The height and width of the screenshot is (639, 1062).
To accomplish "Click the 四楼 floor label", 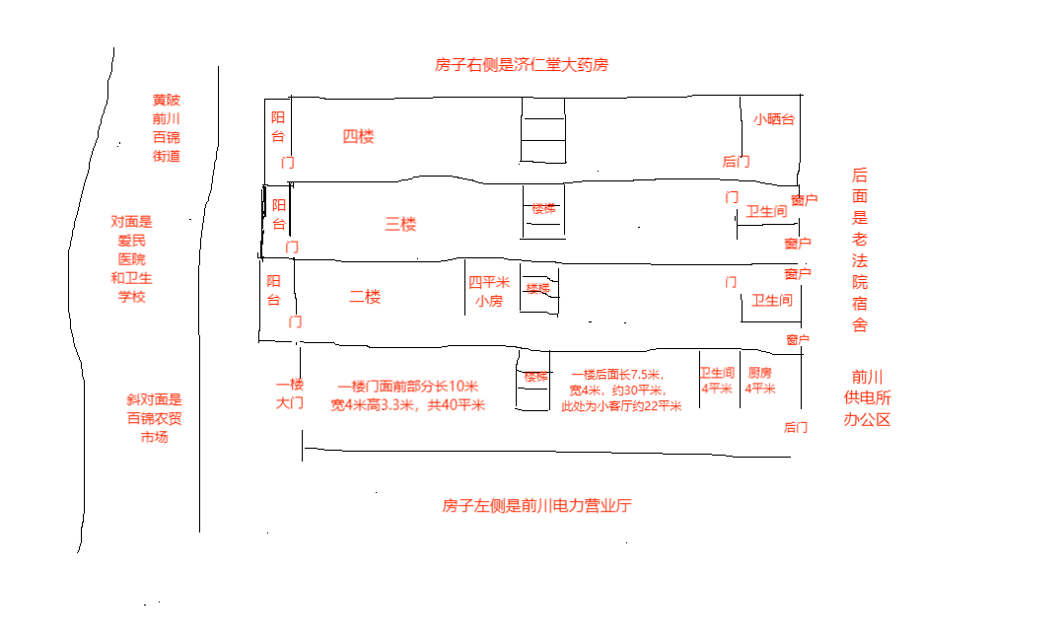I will [358, 137].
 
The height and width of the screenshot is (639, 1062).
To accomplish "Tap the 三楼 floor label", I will [400, 224].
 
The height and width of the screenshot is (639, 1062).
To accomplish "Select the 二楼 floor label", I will [365, 297].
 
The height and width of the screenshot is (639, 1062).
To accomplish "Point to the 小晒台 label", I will [774, 119].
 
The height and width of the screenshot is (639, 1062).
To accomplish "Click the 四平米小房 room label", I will [489, 292].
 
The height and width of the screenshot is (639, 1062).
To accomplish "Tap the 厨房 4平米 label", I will [759, 381].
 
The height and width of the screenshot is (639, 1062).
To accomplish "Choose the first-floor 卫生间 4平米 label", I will [717, 381].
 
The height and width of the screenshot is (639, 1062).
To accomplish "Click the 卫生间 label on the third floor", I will [766, 212].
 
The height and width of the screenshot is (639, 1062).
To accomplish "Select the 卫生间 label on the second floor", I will [772, 300].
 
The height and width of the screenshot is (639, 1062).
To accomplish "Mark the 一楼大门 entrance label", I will [289, 393].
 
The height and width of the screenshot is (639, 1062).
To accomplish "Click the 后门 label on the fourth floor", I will [736, 162].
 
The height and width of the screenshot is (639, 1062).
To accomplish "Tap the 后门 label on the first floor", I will [796, 427].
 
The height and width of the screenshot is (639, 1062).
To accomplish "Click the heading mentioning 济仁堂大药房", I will [522, 65].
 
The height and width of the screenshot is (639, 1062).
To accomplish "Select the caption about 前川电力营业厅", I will [536, 506].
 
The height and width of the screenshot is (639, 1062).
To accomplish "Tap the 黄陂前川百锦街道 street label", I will [167, 128].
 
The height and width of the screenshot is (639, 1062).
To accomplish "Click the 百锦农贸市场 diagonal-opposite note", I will [154, 418].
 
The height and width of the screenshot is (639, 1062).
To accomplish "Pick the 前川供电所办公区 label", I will [867, 397].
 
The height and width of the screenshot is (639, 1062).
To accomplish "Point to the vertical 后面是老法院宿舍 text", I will [860, 249].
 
